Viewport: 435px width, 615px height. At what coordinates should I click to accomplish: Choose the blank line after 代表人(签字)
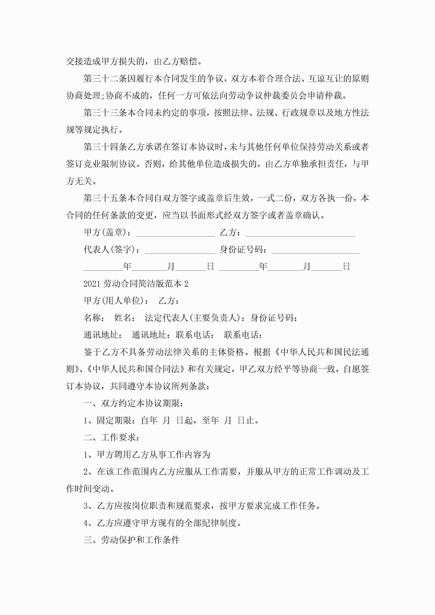pos(180,251)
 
